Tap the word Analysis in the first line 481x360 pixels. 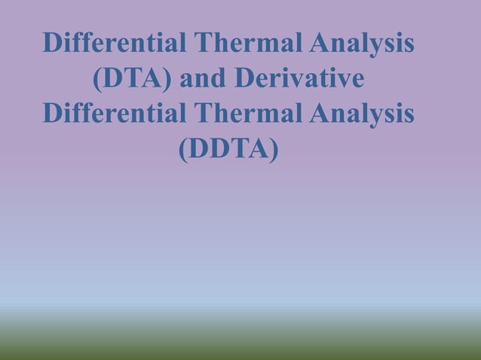[362, 44]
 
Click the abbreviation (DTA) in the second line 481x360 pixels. [133, 79]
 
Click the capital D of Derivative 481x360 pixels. [245, 78]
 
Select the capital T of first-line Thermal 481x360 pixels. [203, 43]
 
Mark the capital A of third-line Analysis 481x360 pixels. [320, 114]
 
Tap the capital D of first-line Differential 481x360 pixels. [54, 43]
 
